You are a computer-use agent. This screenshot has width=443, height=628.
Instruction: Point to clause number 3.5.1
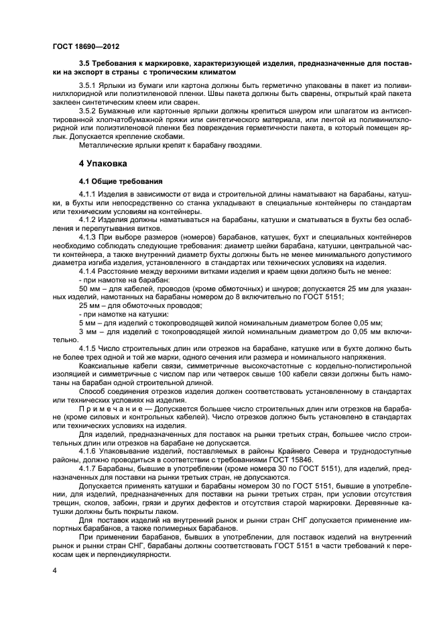pos(89,87)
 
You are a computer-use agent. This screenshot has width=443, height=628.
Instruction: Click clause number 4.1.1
pos(89,195)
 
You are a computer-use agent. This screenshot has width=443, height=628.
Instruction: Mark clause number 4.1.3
pos(89,237)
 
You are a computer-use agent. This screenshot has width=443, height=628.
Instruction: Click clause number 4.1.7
pos(89,468)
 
